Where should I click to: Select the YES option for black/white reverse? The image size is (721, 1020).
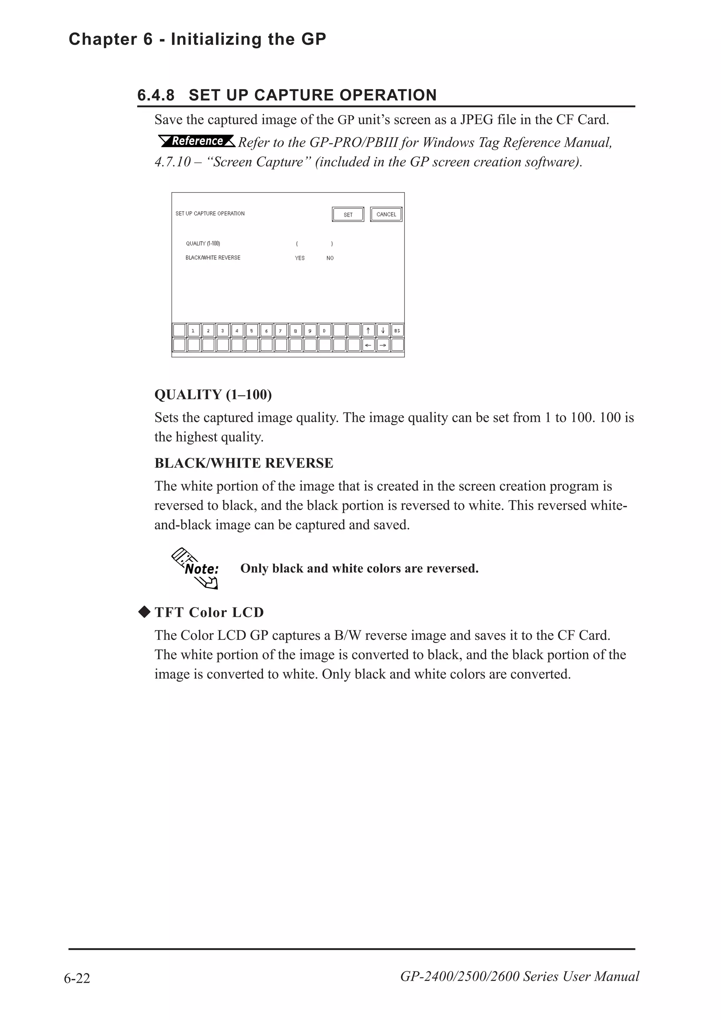[300, 258]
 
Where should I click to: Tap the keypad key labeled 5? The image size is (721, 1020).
[251, 330]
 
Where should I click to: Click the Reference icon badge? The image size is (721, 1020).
[197, 141]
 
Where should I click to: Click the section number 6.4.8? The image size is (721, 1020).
[156, 95]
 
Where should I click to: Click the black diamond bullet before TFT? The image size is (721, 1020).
[144, 612]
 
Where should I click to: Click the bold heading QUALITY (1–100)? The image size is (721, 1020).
[213, 395]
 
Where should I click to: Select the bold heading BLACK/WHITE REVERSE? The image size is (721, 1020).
[243, 463]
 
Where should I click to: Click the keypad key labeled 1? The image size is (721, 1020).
[193, 330]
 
